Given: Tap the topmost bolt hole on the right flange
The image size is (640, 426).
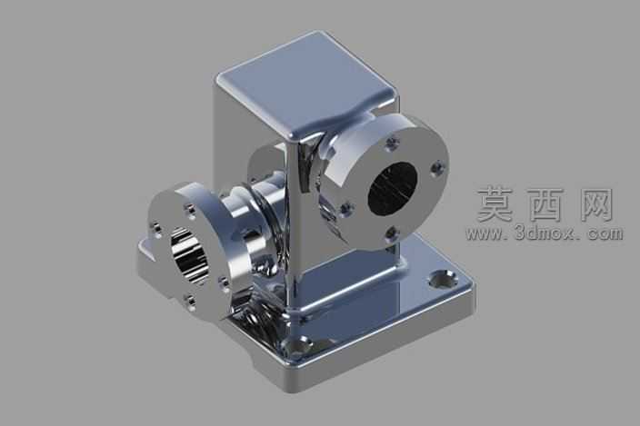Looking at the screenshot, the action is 392,144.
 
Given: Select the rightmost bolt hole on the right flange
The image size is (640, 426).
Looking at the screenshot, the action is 437,167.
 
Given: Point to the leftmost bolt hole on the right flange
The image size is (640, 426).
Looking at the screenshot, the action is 346,209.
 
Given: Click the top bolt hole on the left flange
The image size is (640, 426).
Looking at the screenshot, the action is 190,210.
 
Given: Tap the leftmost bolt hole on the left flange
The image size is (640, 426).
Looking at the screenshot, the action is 155,230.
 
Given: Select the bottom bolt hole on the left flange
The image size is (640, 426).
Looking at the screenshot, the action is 191,301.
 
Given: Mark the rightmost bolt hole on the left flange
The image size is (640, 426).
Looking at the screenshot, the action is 225,282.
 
